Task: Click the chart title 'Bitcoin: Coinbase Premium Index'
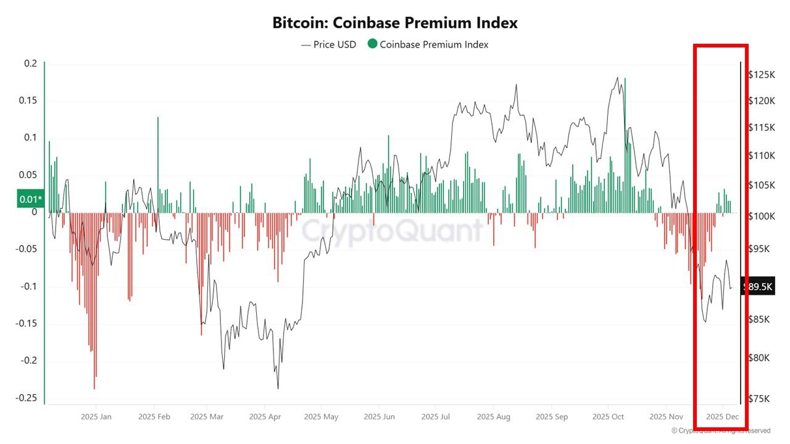(395, 23)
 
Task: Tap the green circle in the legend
(372, 44)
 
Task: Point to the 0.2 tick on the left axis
(31, 64)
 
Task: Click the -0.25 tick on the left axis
(27, 398)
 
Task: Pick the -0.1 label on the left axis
(29, 286)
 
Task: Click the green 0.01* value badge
(31, 199)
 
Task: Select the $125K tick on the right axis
(761, 75)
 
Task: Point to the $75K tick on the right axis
(759, 398)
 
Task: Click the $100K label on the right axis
(761, 216)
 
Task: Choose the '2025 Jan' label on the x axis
(96, 417)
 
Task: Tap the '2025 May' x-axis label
(321, 417)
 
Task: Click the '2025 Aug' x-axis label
(494, 417)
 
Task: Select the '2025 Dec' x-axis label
(723, 417)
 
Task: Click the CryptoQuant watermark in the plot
(393, 231)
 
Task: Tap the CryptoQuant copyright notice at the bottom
(721, 430)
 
